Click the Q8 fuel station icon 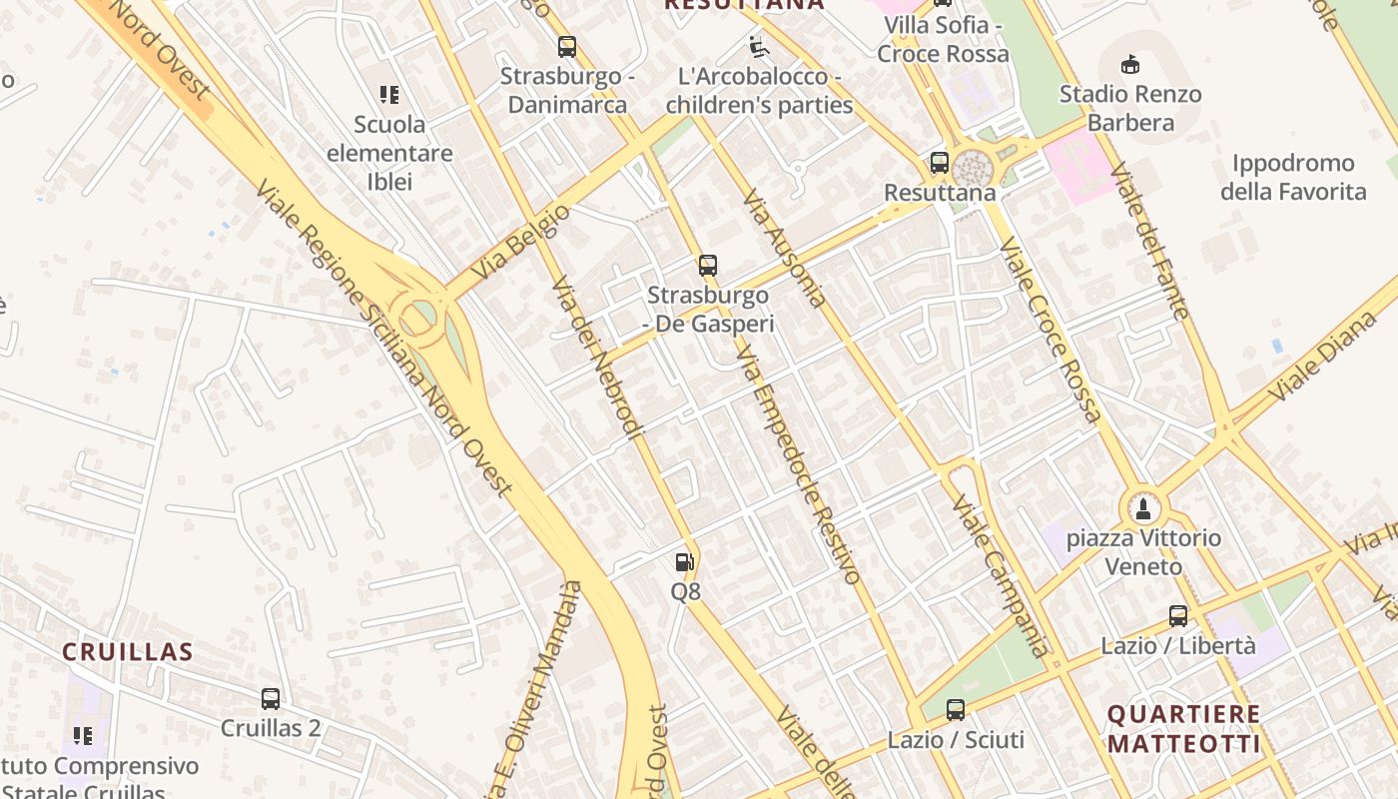coord(684,563)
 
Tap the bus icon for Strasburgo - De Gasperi coord(708,266)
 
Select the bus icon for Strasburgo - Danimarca coord(567,46)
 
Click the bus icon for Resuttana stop coord(939,163)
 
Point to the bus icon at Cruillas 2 coord(271,699)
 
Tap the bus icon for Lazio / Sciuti coord(956,710)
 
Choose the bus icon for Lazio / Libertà coord(1178,616)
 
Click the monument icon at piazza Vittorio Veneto coord(1143,508)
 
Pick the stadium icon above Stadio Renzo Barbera coord(1130,65)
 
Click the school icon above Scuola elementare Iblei coord(389,95)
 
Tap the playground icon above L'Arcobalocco coord(759,46)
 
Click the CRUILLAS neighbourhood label coord(128,652)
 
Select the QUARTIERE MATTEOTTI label coord(1184,729)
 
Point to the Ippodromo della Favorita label coord(1293,177)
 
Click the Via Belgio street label coord(520,241)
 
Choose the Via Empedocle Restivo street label coord(798,463)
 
